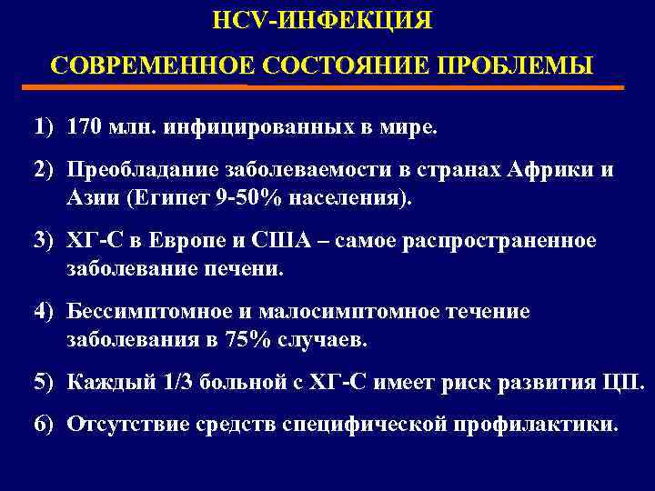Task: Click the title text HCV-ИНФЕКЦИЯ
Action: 321,19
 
